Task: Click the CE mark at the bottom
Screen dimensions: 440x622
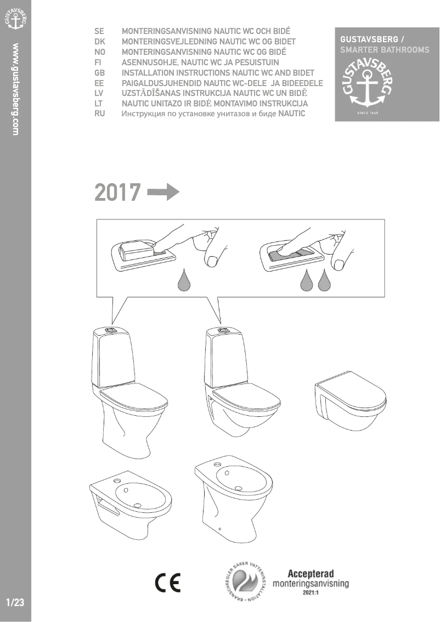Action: pos(167,583)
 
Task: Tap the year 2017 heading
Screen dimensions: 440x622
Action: pos(117,193)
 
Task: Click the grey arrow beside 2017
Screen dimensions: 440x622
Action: pos(163,193)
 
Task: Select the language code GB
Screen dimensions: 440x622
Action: pos(99,73)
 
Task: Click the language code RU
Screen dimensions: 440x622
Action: pos(100,114)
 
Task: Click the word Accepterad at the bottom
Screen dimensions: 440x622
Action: pos(311,574)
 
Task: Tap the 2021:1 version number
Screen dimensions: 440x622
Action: pos(311,592)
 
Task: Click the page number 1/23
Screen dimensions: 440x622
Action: pos(15,602)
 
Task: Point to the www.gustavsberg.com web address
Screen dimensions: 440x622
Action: pos(16,89)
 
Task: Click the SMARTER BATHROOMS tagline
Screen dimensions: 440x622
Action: pos(385,50)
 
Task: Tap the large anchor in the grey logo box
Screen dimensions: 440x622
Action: pos(368,89)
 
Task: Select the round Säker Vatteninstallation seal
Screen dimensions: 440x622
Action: pos(244,583)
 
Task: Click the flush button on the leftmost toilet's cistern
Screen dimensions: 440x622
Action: pos(110,330)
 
